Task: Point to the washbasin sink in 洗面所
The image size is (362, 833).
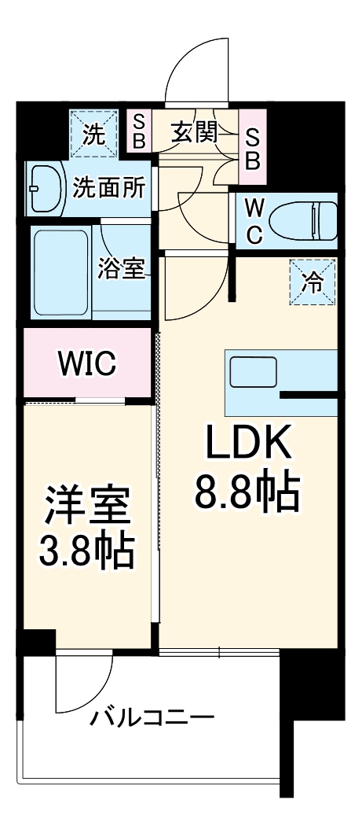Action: [x=45, y=189]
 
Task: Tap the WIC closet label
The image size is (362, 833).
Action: [x=87, y=364]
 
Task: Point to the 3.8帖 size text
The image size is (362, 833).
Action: [x=87, y=553]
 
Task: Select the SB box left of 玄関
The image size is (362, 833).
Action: [x=138, y=132]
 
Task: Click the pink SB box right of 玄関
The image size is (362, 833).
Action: [x=253, y=148]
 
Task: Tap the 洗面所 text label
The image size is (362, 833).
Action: [x=110, y=188]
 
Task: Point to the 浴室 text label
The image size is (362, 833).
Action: [x=121, y=269]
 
